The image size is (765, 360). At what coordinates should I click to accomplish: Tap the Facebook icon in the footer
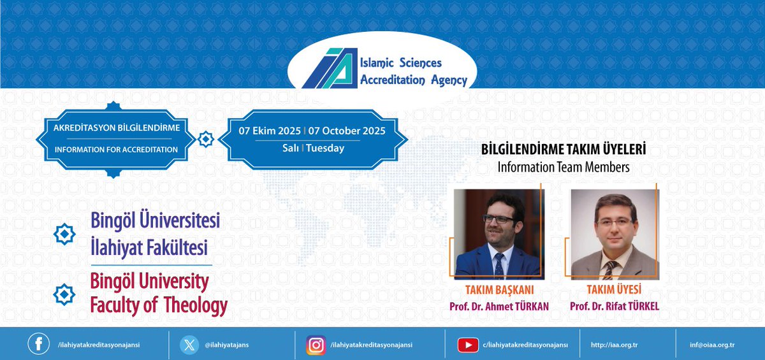pyautogui.click(x=38, y=344)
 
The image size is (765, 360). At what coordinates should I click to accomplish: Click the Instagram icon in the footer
pyautogui.click(x=316, y=344)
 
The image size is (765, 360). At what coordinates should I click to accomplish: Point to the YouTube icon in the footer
pyautogui.click(x=468, y=345)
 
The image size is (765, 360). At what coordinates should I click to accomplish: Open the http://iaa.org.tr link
pyautogui.click(x=615, y=345)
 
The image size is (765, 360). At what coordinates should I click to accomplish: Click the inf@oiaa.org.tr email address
pyautogui.click(x=712, y=345)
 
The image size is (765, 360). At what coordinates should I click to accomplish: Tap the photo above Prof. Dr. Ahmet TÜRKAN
pyautogui.click(x=499, y=234)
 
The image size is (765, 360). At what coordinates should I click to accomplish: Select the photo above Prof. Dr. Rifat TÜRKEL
pyautogui.click(x=614, y=234)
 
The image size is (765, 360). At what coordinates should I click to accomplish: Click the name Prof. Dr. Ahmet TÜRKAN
pyautogui.click(x=499, y=306)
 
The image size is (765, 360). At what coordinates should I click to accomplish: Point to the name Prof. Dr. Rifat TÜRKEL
pyautogui.click(x=615, y=306)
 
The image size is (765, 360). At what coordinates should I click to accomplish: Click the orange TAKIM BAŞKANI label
pyautogui.click(x=499, y=289)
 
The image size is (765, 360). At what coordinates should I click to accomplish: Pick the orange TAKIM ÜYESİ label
pyautogui.click(x=614, y=289)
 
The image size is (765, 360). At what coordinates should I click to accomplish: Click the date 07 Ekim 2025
pyautogui.click(x=270, y=131)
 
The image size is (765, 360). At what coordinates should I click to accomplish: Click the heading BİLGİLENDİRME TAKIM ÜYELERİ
pyautogui.click(x=564, y=150)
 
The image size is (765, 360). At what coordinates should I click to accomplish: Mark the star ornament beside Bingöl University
pyautogui.click(x=64, y=294)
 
